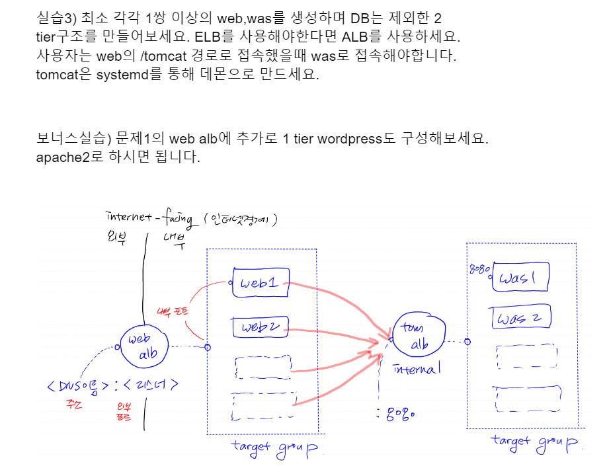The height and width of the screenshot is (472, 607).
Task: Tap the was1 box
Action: click(x=520, y=279)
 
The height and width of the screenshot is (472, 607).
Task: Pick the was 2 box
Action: click(x=521, y=318)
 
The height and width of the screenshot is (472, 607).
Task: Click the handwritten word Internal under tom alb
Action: click(x=415, y=369)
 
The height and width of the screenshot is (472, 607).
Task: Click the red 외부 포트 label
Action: click(x=124, y=411)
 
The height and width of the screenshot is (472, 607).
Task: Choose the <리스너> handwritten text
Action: click(x=150, y=385)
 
